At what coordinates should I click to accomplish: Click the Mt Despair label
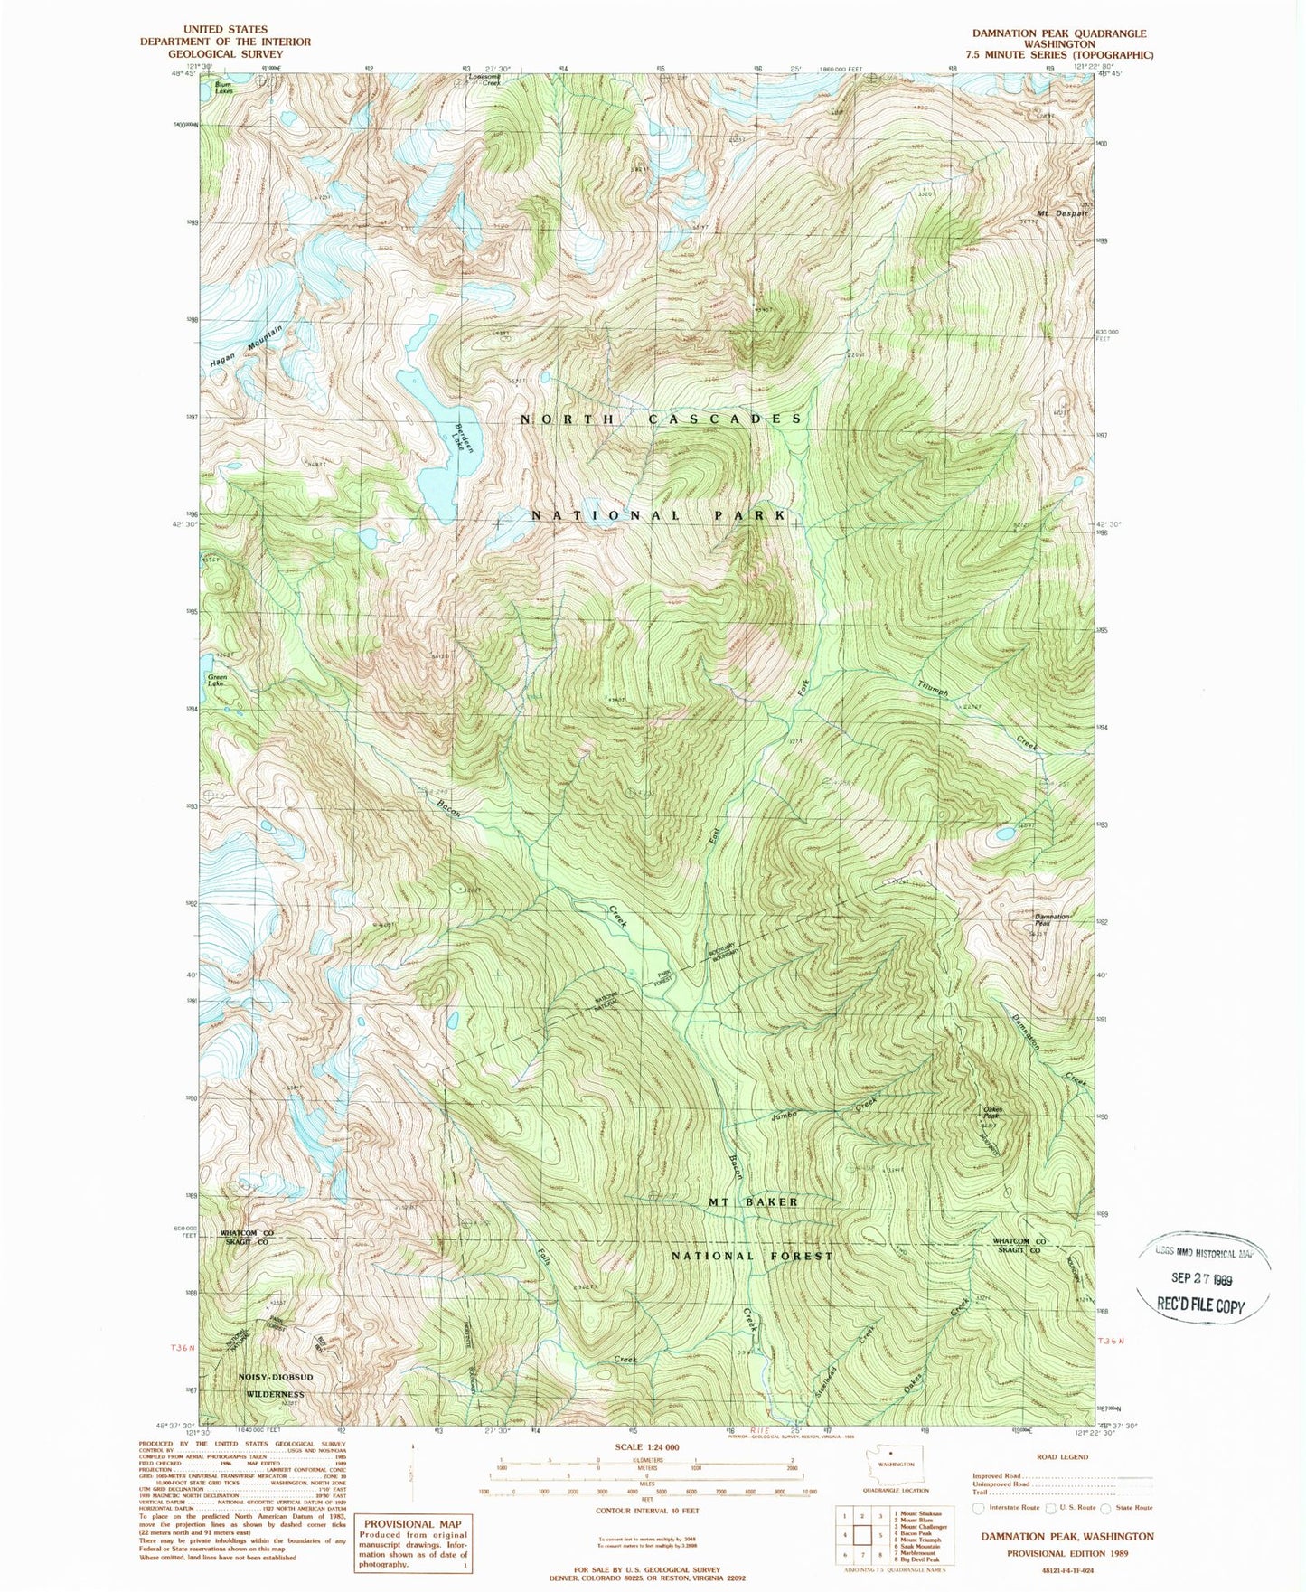1063,213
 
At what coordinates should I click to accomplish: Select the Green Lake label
217,680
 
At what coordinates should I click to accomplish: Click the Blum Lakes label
223,88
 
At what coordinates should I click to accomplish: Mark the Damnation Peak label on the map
1051,919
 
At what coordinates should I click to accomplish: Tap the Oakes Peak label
992,1112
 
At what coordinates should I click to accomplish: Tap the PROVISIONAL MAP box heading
412,1524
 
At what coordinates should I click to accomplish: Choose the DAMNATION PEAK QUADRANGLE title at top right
1058,33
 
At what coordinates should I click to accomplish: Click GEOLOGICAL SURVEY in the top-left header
224,53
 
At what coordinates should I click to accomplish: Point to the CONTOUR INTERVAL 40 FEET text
646,1510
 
